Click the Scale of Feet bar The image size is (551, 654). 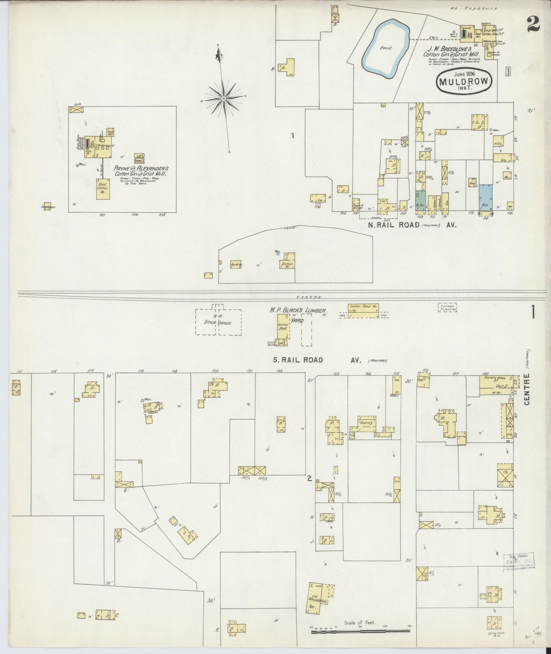[360, 632]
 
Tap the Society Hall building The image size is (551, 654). [495, 385]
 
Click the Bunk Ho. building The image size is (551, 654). [236, 265]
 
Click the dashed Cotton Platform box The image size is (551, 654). [447, 307]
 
